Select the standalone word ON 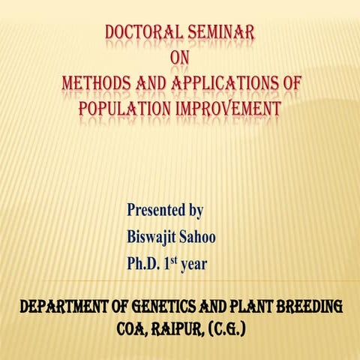(181, 58)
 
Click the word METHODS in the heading (98, 83)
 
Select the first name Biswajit (153, 237)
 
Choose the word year (196, 265)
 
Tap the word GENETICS (162, 307)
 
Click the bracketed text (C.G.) (229, 328)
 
